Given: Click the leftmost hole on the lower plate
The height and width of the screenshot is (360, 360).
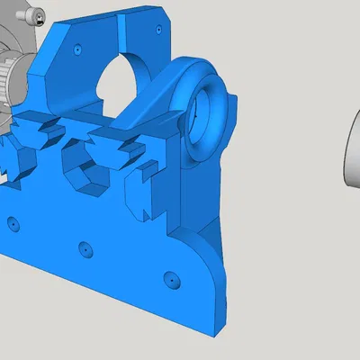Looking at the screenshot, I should [13, 220].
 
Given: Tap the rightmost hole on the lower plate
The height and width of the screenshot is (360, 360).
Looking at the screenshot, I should [167, 278].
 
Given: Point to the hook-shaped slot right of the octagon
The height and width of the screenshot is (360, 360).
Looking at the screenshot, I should [139, 184].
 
